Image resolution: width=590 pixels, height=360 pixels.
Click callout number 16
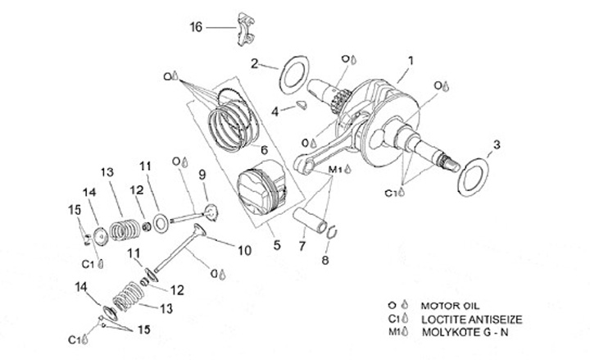195,28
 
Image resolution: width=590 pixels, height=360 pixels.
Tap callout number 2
255,62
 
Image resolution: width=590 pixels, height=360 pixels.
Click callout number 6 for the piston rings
264,149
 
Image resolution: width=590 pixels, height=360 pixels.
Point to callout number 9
202,174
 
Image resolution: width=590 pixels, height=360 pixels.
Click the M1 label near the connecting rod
335,170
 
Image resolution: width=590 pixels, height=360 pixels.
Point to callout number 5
277,244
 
